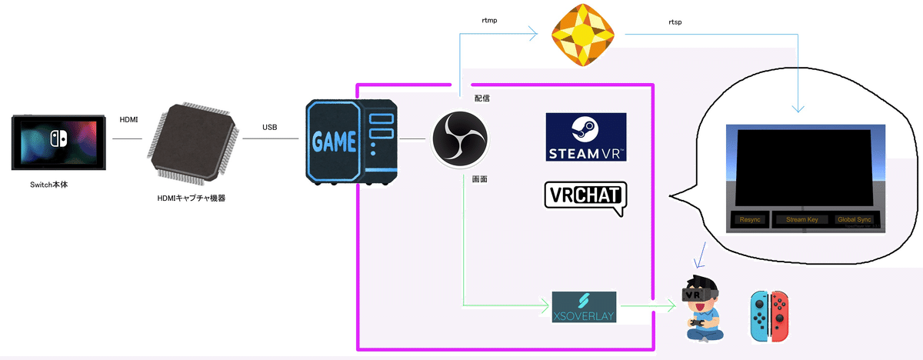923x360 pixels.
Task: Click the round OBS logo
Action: pos(458,139)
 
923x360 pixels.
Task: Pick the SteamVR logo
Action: pos(585,138)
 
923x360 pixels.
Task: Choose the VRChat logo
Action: pos(585,197)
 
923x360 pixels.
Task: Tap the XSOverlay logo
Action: pos(585,308)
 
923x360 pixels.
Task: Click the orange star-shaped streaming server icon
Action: pos(584,33)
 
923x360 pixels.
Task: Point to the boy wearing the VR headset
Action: pos(701,309)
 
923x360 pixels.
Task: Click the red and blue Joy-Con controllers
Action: pos(770,315)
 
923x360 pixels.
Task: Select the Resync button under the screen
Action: pos(749,220)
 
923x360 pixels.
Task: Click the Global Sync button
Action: pos(854,220)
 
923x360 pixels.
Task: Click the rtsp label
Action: pos(675,22)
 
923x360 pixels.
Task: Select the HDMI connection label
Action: pos(129,119)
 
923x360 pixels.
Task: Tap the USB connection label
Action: pos(270,127)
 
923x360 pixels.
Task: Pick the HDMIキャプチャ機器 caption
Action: pos(190,198)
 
